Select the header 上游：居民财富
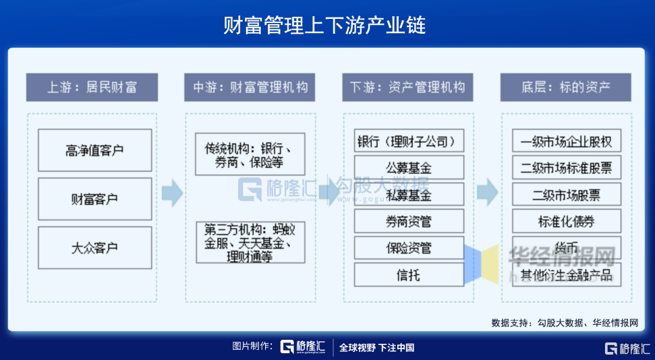tap(92, 87)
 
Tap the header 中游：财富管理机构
tap(250, 87)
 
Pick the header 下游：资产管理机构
tap(407, 87)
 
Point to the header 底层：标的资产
tap(565, 87)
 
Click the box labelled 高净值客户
tap(94, 150)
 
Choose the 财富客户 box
tap(94, 199)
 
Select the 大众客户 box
tap(94, 247)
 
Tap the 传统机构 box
tap(250, 155)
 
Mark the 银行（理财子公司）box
tap(409, 142)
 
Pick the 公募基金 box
tap(409, 168)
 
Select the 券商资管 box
tap(409, 221)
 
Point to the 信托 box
tap(409, 274)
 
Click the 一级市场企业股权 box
tap(567, 142)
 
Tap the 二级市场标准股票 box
tap(567, 168)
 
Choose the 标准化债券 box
tap(567, 221)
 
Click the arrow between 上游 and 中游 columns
tap(172, 193)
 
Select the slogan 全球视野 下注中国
tap(376, 348)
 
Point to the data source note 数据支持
tap(564, 323)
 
